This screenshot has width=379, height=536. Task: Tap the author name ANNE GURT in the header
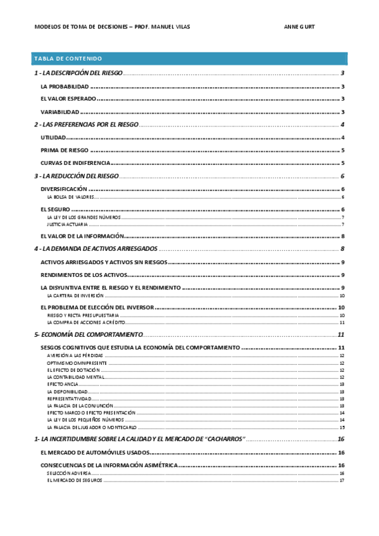click(300, 27)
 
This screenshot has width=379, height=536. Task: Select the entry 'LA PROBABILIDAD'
click(64, 86)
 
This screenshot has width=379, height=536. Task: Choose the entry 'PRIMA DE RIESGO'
click(63, 150)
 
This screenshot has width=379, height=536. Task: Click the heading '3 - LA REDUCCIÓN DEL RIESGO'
click(76, 176)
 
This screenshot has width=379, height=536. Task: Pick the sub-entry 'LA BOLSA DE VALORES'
click(71, 197)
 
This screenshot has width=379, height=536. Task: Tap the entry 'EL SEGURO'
click(54, 209)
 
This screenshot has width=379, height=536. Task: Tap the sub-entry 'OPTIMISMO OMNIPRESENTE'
click(75, 363)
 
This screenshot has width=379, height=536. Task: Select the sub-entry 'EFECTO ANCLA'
click(63, 384)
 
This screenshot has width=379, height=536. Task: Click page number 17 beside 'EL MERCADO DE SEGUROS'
click(342, 480)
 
